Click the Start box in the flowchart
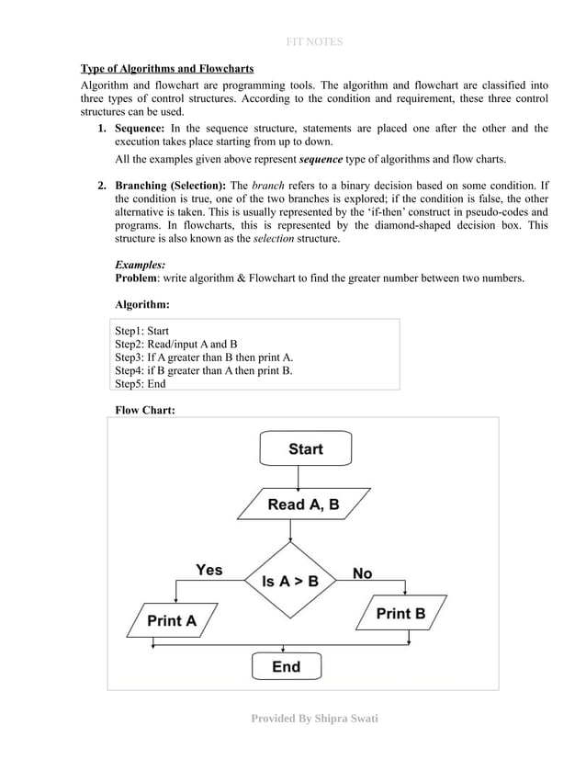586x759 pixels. pos(305,448)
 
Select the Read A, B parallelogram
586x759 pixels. pos(303,504)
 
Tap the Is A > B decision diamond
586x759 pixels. pos(290,581)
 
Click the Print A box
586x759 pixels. pos(172,620)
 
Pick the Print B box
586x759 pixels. pos(400,613)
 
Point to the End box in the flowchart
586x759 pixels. pos(287,666)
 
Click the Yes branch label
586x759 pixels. pos(208,570)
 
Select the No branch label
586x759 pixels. pos(363,572)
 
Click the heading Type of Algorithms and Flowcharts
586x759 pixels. pos(167,69)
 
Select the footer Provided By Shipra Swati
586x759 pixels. pos(314,718)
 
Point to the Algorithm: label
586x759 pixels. pos(141,303)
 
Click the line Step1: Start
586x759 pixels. pos(141,331)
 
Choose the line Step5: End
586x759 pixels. pos(140,384)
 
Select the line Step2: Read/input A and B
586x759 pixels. pos(176,345)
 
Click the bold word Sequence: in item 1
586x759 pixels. pos(140,129)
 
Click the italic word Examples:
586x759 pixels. pos(140,264)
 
